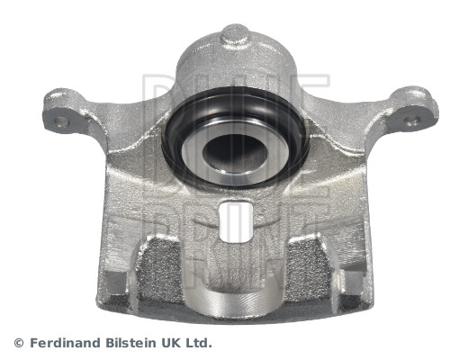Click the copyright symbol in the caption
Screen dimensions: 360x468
19,343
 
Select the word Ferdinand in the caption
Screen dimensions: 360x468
64,343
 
